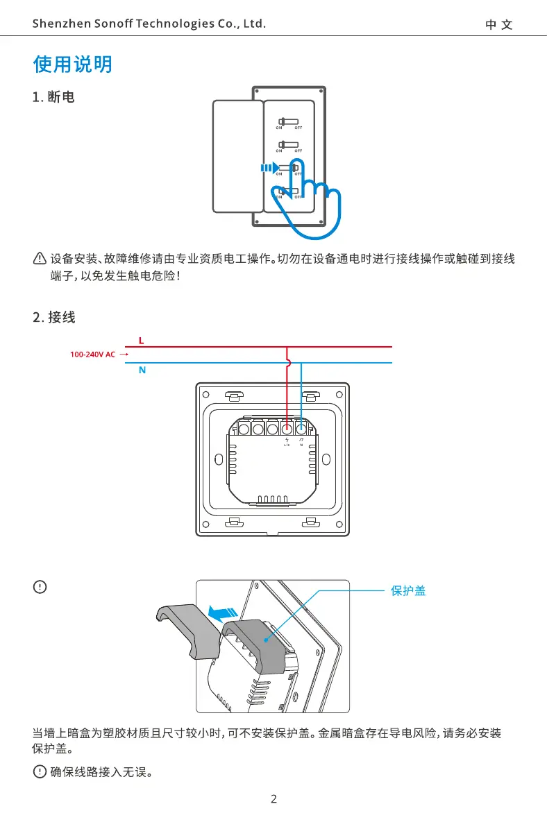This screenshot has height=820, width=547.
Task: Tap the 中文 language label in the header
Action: (x=499, y=25)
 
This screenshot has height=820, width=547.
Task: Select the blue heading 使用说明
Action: (x=72, y=65)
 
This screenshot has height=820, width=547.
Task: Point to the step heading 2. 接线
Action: (x=54, y=318)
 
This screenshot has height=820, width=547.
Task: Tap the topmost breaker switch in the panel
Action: (x=289, y=121)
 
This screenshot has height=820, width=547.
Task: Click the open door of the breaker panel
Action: (x=237, y=156)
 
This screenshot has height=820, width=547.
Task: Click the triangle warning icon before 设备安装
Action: (x=40, y=259)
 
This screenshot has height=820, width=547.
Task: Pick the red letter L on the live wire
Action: (x=141, y=341)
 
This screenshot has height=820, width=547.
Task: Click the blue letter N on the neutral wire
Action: (x=142, y=370)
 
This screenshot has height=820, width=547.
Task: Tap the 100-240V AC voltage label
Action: (x=92, y=355)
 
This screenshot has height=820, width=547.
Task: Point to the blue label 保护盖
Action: (x=408, y=591)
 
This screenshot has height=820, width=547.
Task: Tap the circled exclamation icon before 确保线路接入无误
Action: (x=40, y=772)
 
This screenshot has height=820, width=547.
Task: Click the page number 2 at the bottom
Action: (x=273, y=799)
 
